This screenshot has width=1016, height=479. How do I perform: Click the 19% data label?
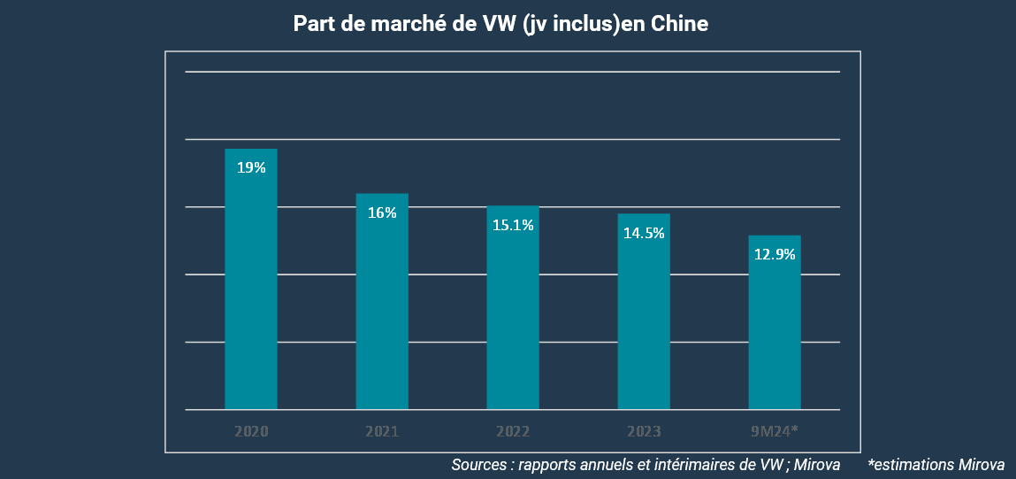(x=251, y=167)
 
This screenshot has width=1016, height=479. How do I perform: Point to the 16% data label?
(x=382, y=212)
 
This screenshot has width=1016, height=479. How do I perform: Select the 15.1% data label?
(x=513, y=225)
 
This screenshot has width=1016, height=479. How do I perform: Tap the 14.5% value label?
(x=644, y=233)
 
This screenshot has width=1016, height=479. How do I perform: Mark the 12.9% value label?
(x=775, y=254)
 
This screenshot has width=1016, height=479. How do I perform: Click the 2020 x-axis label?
(x=251, y=432)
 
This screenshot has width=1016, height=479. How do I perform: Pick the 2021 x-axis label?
(x=382, y=432)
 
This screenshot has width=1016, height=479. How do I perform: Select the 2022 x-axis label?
(x=513, y=432)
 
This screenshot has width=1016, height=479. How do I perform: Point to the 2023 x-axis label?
(x=644, y=432)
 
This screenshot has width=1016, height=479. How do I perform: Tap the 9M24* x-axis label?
(x=775, y=432)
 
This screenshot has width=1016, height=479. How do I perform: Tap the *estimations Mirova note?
(x=936, y=464)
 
